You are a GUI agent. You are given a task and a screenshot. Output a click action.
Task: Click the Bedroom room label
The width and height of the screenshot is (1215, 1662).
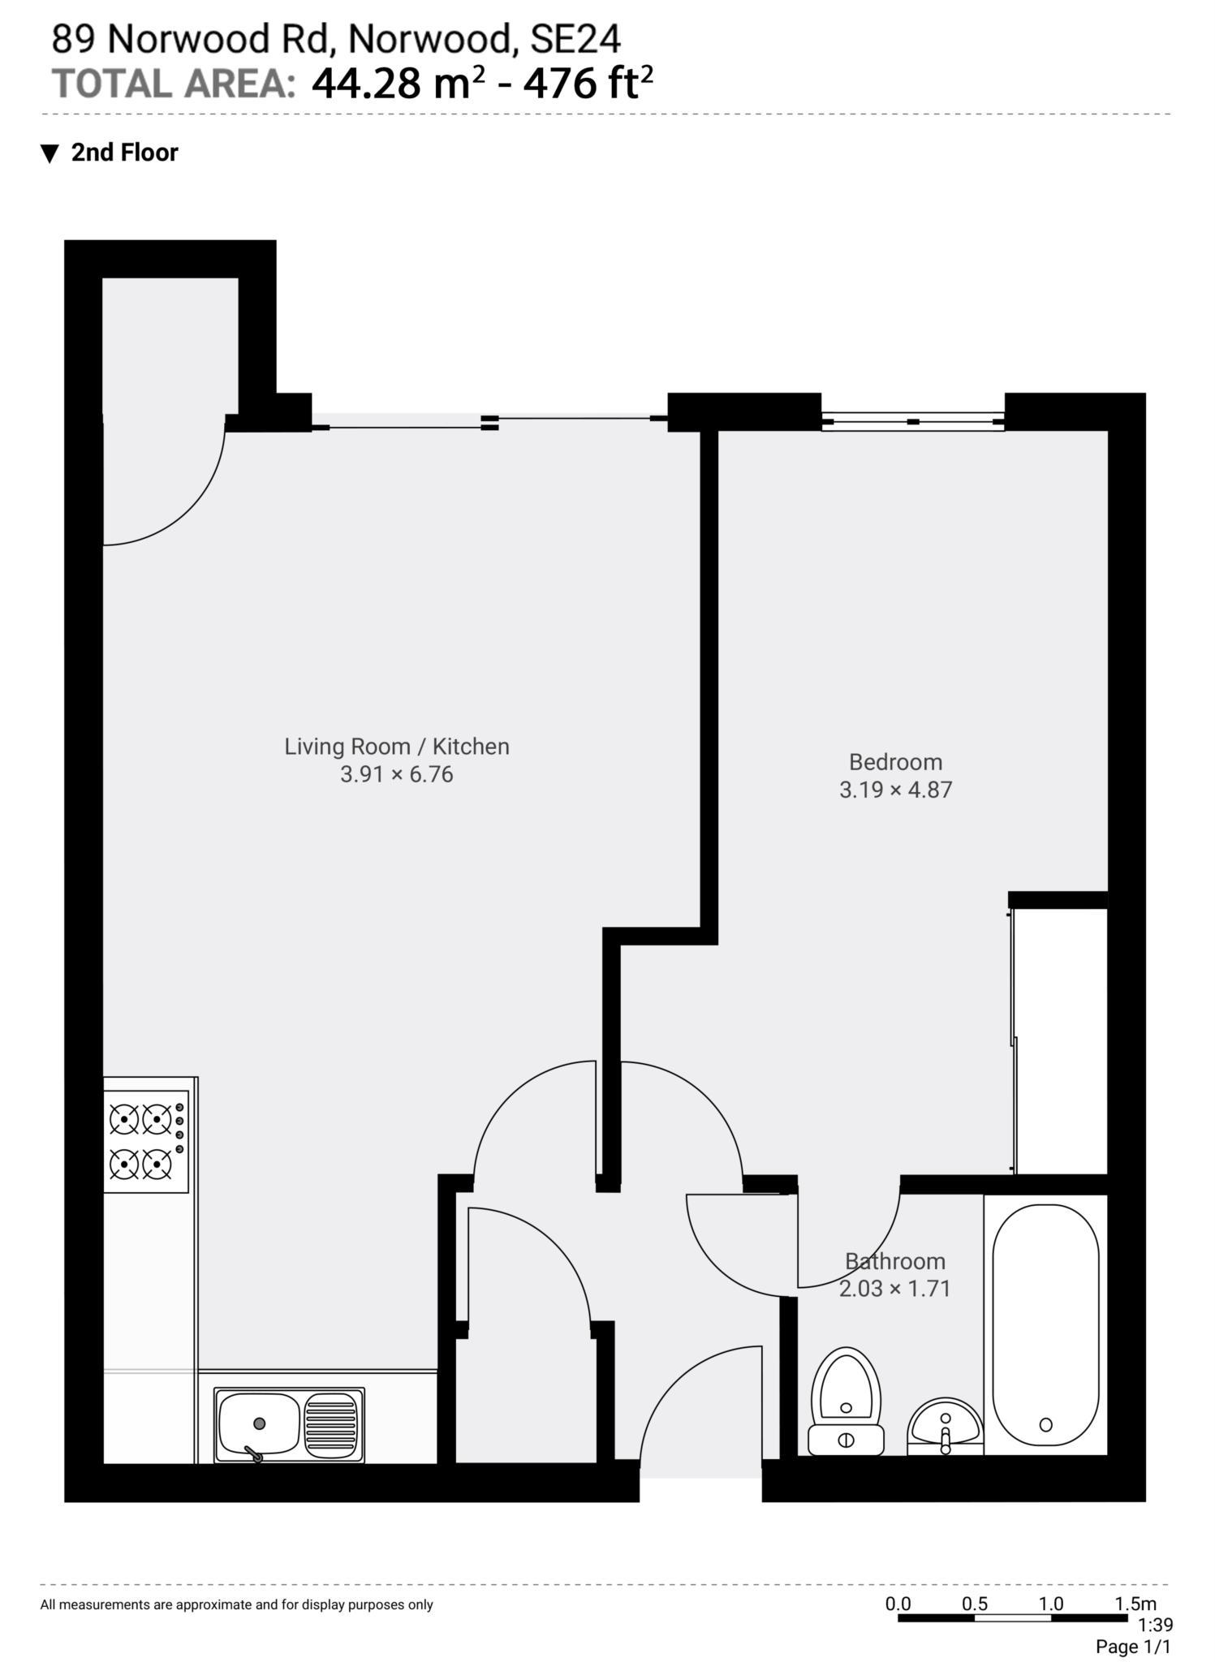click(x=895, y=762)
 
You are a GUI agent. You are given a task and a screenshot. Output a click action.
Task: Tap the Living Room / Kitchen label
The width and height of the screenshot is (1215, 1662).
click(x=396, y=747)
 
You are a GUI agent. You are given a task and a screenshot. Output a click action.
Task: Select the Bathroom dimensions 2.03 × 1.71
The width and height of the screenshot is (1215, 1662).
click(x=894, y=1289)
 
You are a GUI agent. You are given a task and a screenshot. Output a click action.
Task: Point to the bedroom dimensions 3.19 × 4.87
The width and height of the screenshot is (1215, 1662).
click(x=895, y=790)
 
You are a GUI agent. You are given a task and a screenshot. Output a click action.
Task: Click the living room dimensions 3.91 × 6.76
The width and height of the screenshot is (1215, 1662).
click(x=396, y=774)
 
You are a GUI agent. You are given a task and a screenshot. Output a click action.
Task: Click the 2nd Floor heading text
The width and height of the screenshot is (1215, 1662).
click(x=124, y=153)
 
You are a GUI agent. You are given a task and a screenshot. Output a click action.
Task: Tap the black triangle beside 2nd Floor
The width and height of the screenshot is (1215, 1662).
click(x=50, y=153)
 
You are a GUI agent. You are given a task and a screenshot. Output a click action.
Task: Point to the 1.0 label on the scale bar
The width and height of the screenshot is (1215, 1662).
click(x=1050, y=1604)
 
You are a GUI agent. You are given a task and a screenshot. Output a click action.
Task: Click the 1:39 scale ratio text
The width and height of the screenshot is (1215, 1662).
click(x=1155, y=1625)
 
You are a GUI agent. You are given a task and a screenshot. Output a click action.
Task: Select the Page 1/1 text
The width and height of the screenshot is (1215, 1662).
click(x=1133, y=1647)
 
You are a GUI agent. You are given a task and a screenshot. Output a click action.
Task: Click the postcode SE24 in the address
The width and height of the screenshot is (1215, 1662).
click(x=575, y=39)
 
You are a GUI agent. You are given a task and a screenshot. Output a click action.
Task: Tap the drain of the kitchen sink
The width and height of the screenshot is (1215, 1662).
click(x=259, y=1423)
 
